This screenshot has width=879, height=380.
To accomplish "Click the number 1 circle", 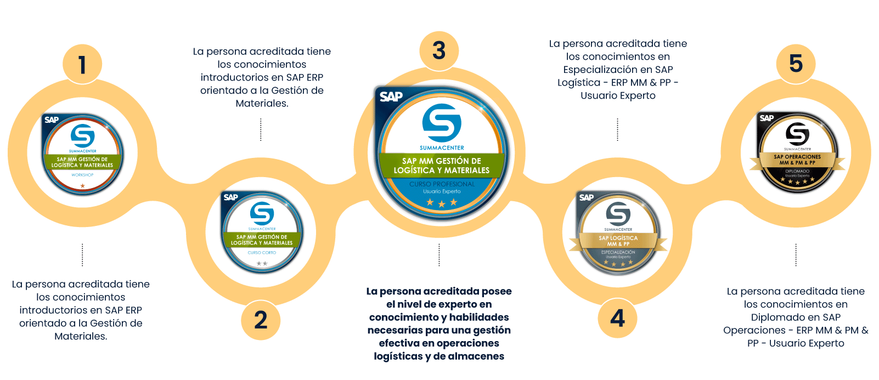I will pos(82,65).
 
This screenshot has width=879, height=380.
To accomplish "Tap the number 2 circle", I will pos(261,320).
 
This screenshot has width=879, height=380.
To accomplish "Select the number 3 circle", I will pos(439,50).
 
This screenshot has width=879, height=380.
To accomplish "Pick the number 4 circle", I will pos(617,318).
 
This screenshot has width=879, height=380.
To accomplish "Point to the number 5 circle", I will pos(796,64).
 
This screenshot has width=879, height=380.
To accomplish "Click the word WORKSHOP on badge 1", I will pos(82,175).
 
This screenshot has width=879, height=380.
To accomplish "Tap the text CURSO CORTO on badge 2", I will pos(262,253).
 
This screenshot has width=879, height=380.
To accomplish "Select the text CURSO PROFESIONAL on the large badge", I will pos(442,184).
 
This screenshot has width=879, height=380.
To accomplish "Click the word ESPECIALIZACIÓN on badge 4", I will pos(618,252).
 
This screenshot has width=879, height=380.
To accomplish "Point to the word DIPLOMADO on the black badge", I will pos(797,171).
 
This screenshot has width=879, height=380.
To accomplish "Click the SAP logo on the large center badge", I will pos(391,97).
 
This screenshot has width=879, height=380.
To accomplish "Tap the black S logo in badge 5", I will pos(797,134).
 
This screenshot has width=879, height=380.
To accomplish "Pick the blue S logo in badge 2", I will pos(262,213).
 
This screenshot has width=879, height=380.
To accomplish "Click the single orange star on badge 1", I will pos(83,186).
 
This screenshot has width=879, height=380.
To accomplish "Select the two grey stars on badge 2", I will pos(262,264).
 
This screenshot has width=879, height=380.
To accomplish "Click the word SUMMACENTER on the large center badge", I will pos(442,148).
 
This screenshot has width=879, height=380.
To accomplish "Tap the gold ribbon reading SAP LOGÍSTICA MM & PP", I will pos(618,241).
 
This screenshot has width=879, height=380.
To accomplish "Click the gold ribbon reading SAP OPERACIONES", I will pos(797,160).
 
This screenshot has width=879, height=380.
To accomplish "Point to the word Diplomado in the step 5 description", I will pos(774,317).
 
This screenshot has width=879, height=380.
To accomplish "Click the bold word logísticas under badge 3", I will pos(398,356).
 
